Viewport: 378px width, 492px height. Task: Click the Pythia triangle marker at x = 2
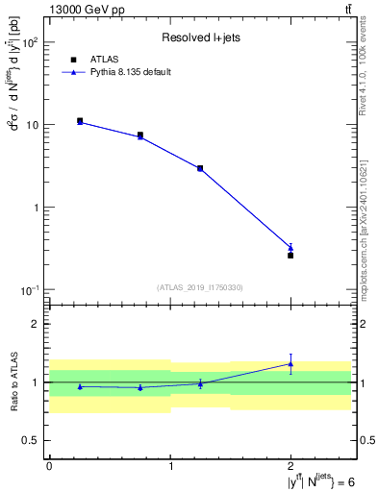(x=290, y=248)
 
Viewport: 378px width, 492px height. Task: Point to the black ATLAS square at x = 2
(x=290, y=256)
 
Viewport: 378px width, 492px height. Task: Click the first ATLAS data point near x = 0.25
(x=80, y=121)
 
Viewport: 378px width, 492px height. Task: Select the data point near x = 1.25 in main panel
(x=200, y=168)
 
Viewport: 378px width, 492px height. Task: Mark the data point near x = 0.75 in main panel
(x=140, y=135)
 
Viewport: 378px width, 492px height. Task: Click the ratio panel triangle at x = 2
(x=290, y=363)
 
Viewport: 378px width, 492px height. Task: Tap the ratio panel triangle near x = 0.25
(x=80, y=386)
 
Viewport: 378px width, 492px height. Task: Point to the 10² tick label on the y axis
(x=31, y=43)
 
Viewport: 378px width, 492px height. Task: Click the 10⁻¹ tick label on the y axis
(x=31, y=290)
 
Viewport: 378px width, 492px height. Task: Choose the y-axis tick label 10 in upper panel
(x=33, y=126)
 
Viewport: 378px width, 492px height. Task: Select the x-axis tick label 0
(x=49, y=465)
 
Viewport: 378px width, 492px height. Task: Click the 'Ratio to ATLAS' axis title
(x=14, y=382)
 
